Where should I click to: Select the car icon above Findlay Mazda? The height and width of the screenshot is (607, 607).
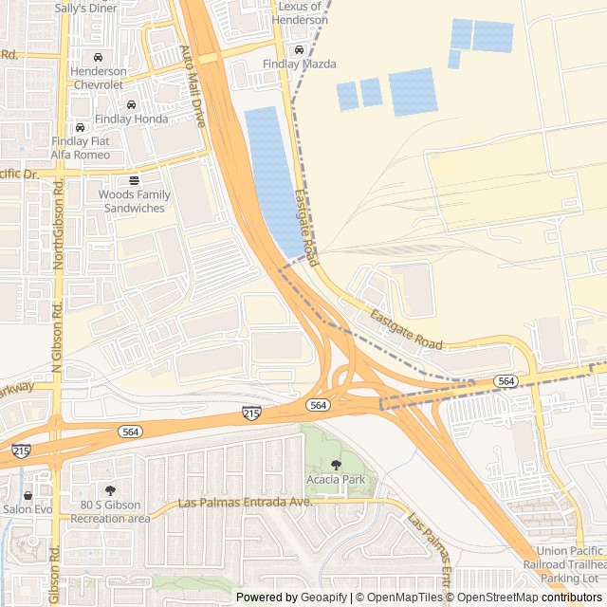click(x=299, y=49)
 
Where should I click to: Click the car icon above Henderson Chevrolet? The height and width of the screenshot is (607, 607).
click(x=98, y=56)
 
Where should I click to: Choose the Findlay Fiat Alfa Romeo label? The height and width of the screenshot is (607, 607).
click(x=80, y=148)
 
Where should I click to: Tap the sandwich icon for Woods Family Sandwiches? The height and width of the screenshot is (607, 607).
click(x=134, y=179)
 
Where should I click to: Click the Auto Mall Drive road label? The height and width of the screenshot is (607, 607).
click(x=193, y=86)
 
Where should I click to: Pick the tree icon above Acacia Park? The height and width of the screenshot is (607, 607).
click(x=336, y=465)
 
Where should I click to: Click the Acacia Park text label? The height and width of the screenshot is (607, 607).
click(x=336, y=480)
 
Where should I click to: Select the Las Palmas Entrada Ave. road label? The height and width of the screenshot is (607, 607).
click(x=246, y=502)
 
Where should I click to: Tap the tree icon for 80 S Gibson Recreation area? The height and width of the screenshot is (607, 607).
click(x=110, y=490)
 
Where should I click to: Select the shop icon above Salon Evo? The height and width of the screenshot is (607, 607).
click(x=27, y=495)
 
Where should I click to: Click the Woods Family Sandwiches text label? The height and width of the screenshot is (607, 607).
click(x=135, y=201)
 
